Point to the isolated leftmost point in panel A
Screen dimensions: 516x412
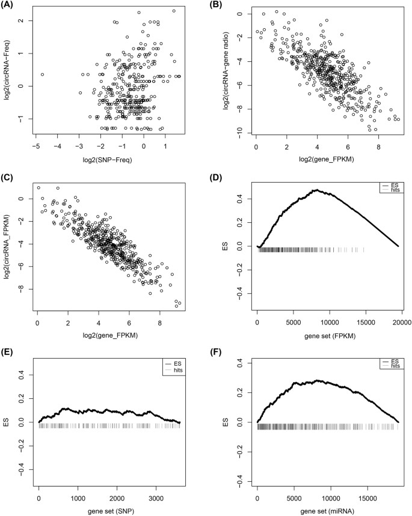[42, 74]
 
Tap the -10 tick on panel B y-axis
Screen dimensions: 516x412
[239, 130]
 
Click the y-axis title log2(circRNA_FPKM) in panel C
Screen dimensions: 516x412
[8, 247]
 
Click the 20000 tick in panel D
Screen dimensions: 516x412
[401, 320]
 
